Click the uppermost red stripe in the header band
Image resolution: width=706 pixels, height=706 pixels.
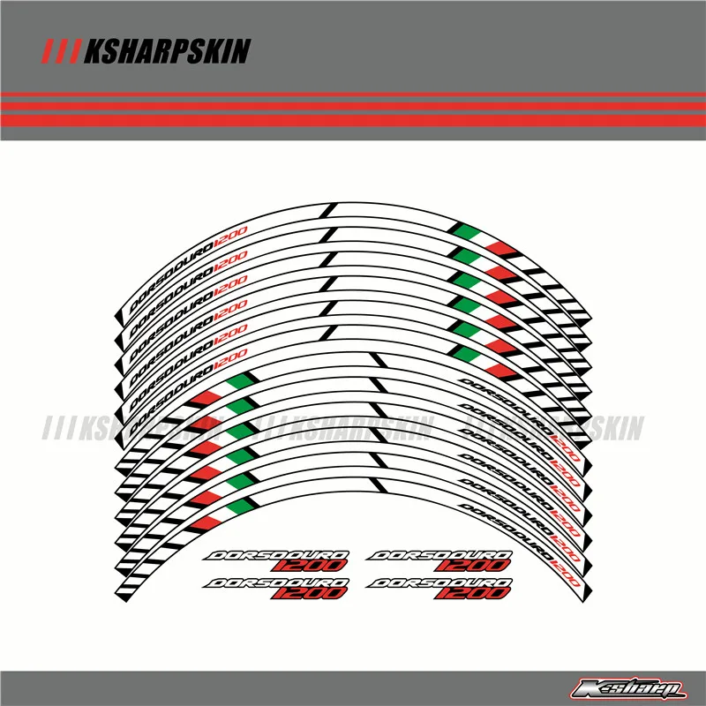pyautogui.click(x=353, y=94)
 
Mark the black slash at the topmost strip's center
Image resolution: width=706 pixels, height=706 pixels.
pyautogui.click(x=330, y=211)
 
